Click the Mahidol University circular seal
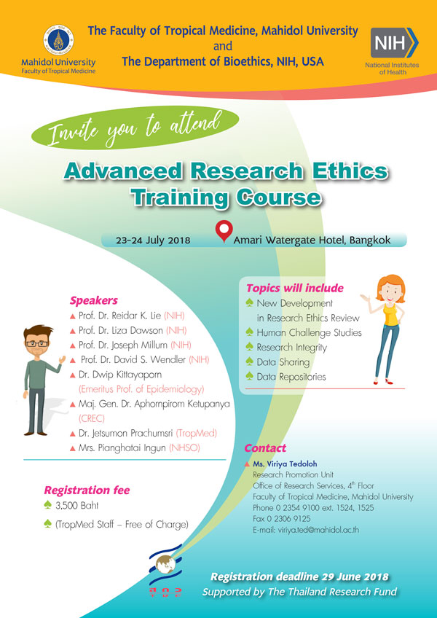(58, 40)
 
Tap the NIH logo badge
(395, 42)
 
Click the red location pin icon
(224, 232)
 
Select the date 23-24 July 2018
(153, 240)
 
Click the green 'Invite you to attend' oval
(135, 128)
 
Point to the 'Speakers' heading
(94, 301)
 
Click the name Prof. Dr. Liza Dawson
(122, 330)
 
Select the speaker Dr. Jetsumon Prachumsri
(126, 434)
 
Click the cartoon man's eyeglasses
(37, 343)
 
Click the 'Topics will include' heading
(295, 288)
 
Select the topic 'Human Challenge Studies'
(309, 332)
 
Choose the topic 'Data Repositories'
(291, 377)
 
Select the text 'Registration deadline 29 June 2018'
(299, 577)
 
